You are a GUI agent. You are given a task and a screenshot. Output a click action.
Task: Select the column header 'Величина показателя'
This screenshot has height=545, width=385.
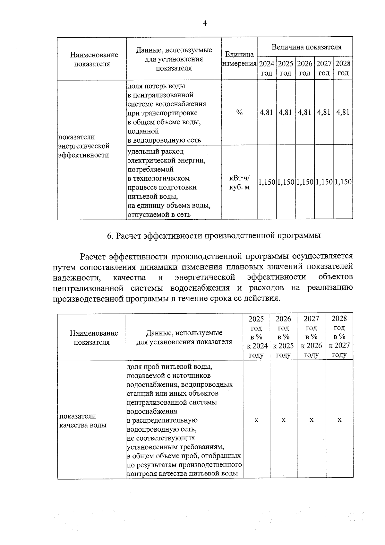(x=306, y=47)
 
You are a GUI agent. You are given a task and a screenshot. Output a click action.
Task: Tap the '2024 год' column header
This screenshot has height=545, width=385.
(x=267, y=68)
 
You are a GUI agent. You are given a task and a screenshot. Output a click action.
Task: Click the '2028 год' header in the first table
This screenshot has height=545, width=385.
(x=343, y=68)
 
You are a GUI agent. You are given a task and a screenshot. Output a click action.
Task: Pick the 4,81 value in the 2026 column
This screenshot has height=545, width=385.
(x=304, y=112)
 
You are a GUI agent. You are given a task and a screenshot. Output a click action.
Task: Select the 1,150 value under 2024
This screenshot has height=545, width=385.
(x=267, y=182)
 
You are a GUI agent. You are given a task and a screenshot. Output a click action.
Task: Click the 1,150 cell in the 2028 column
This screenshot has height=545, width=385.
(x=343, y=182)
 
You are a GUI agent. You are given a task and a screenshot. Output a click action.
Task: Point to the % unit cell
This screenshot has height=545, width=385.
(x=239, y=113)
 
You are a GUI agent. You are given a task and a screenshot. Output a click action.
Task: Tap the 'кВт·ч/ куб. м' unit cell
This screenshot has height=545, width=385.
(x=239, y=182)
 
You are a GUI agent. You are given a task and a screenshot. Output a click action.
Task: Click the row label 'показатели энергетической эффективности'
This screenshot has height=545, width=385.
(x=84, y=146)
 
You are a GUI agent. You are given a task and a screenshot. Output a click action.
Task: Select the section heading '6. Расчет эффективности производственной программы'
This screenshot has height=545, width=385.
(x=214, y=236)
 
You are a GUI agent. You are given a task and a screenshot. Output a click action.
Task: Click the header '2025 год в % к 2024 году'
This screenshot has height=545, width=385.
(x=256, y=337)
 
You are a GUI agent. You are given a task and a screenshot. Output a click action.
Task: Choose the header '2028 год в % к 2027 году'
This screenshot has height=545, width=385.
(x=339, y=337)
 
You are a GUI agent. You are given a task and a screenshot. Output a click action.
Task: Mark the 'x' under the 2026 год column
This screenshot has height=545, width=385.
(x=284, y=420)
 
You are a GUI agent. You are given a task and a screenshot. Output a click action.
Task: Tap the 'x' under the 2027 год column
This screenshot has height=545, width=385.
(x=311, y=420)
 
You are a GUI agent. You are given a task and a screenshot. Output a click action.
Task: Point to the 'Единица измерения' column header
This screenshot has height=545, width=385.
(x=239, y=59)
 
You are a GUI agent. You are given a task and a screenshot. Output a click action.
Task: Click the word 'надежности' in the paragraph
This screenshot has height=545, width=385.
(x=75, y=277)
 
